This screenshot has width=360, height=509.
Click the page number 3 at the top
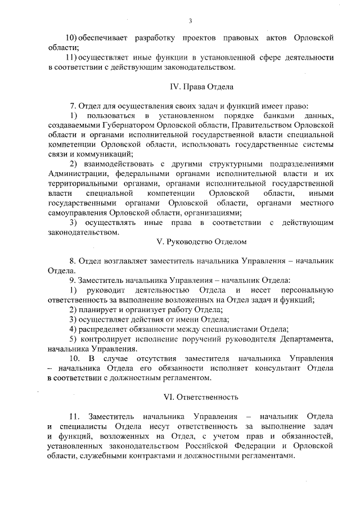191,21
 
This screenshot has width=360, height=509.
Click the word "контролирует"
105,339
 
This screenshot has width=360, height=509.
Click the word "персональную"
304,290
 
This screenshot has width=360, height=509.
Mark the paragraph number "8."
72,261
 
